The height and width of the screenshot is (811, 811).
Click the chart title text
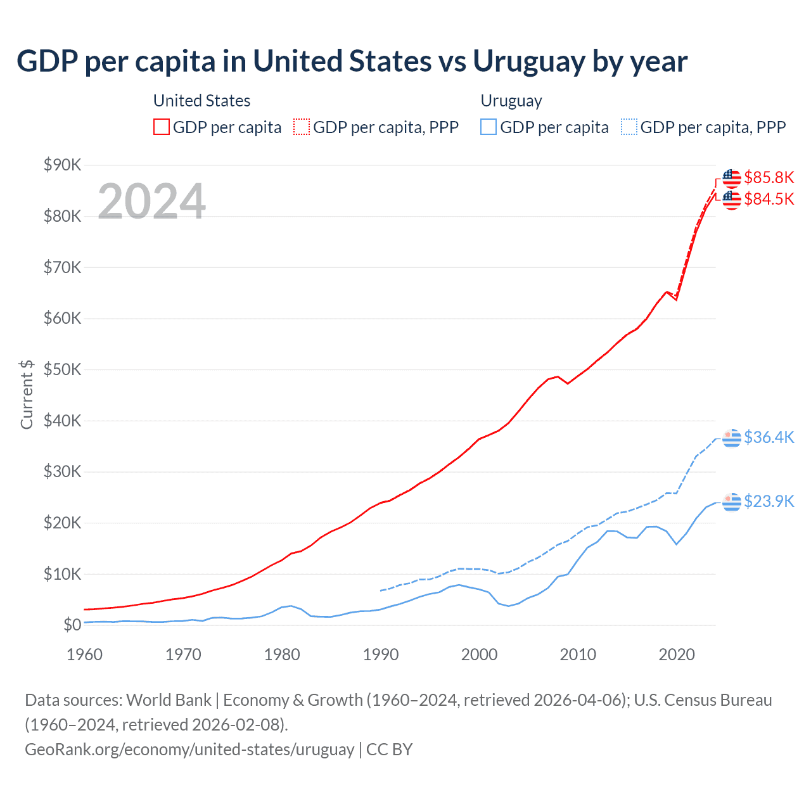click(352, 61)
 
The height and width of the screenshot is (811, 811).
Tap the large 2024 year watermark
click(152, 201)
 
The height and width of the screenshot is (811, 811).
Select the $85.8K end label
click(769, 177)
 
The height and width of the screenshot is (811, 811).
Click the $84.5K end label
click(769, 199)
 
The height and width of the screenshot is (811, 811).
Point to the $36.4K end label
click(769, 437)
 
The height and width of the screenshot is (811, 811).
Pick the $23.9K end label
click(769, 501)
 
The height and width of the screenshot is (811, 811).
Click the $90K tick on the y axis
click(63, 165)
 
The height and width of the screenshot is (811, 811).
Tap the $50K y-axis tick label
click(63, 369)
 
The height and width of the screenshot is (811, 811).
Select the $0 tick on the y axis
click(72, 625)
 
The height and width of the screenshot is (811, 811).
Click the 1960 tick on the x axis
click(84, 655)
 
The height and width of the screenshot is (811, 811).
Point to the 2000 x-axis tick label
click(479, 655)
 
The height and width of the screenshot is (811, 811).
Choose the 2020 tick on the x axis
click(677, 655)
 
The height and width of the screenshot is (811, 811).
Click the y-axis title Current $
click(27, 395)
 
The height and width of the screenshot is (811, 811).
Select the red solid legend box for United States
click(162, 127)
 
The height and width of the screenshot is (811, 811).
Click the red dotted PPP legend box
click(302, 127)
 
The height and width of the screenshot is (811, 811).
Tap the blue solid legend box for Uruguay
click(489, 127)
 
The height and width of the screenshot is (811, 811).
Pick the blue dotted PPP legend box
click(629, 127)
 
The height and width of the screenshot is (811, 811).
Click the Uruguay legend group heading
click(511, 101)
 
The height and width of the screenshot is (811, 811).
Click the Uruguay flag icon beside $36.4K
click(732, 438)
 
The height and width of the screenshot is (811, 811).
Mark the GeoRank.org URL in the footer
click(189, 750)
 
